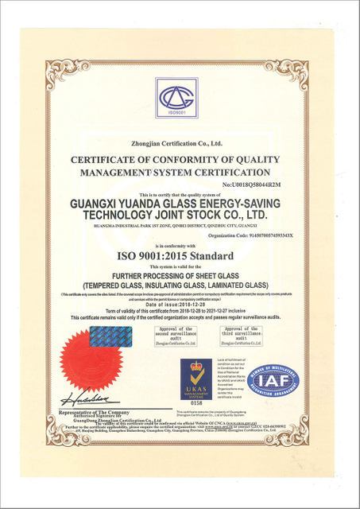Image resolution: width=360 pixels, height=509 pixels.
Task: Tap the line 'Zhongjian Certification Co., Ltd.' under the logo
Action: click(180, 143)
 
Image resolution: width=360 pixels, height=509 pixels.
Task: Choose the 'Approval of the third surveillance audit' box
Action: click(240, 335)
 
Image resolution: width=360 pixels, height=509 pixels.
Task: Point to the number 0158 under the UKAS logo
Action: click(195, 404)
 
